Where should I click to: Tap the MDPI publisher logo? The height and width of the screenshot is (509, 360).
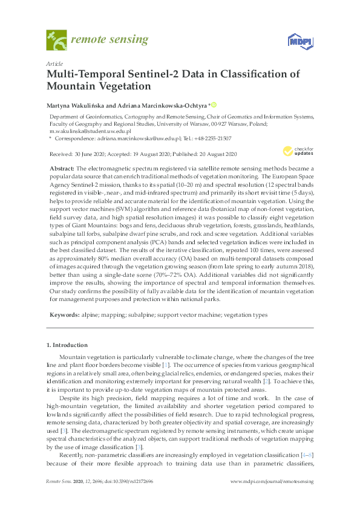click(x=297, y=41)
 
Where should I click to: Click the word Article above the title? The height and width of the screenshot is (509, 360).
click(x=53, y=63)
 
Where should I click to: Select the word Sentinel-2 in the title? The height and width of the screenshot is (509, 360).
click(x=139, y=74)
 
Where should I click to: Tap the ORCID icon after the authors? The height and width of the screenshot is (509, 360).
click(x=214, y=104)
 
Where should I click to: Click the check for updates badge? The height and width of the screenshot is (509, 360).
click(x=295, y=152)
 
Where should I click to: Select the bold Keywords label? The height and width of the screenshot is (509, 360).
click(x=63, y=315)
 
